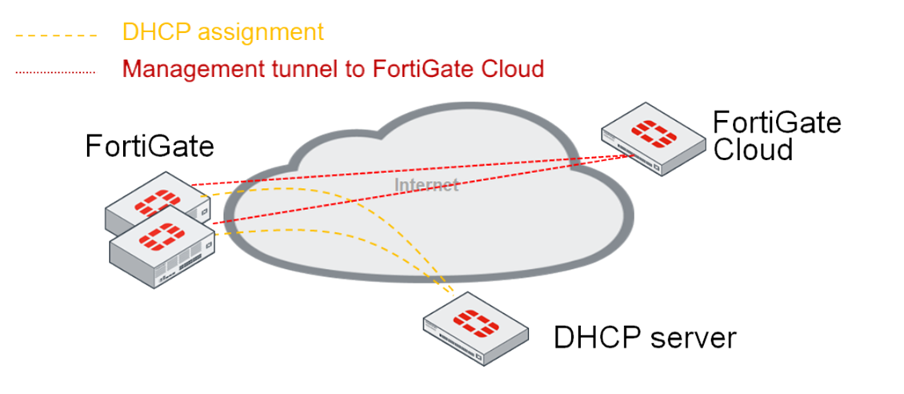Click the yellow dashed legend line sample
tap(55, 35)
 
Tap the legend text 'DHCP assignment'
tap(223, 32)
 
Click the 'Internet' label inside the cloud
tap(426, 185)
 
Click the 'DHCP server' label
tap(645, 338)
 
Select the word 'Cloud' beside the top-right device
tap(753, 150)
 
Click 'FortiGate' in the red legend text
tap(422, 69)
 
